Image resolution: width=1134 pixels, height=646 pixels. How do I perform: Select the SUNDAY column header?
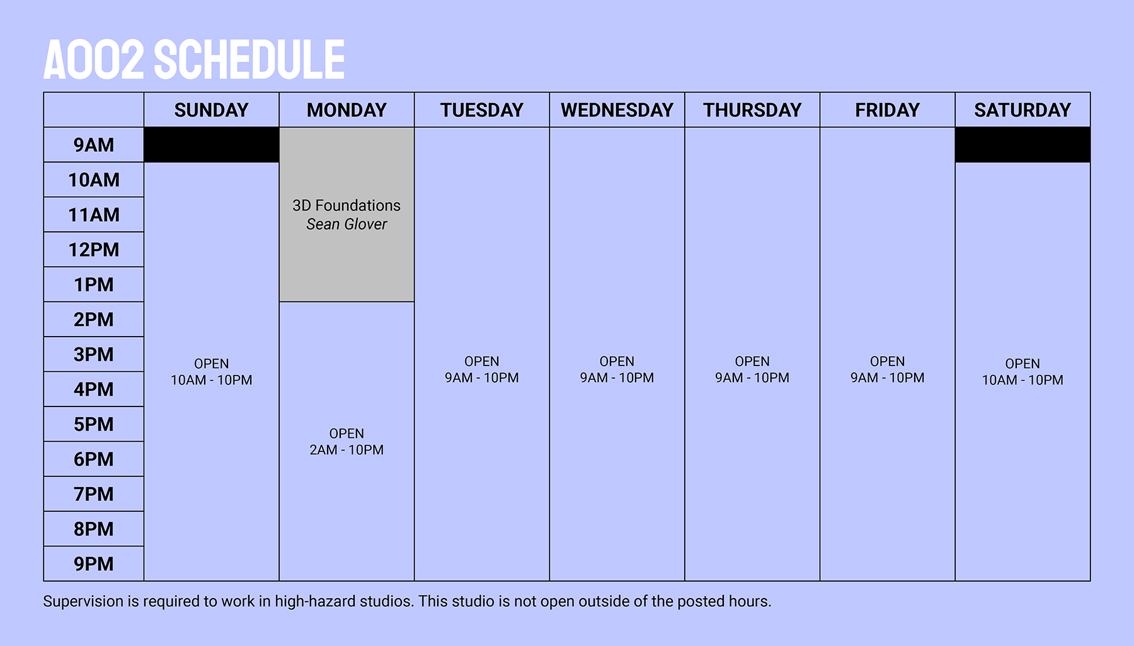tap(212, 110)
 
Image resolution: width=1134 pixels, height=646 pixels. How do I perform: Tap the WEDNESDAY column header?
tap(617, 110)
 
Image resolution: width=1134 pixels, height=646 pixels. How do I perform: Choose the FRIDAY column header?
tap(887, 110)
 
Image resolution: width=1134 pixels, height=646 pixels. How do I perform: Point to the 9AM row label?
tap(94, 145)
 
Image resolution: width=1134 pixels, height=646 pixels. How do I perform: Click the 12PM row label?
tap(94, 250)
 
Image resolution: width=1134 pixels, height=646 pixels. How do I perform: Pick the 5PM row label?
tap(94, 424)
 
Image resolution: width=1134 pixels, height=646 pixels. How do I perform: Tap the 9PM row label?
tap(94, 563)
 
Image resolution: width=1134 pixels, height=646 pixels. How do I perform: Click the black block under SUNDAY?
tap(212, 145)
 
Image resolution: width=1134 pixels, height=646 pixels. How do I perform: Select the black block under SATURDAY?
tap(1022, 145)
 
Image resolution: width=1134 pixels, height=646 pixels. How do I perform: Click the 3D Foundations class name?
tap(346, 205)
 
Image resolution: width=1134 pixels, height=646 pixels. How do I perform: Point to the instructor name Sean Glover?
tap(346, 224)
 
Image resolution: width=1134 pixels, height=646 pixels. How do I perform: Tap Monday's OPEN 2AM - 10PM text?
tap(346, 442)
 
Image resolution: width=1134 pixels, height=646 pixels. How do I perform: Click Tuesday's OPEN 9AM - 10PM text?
tap(482, 370)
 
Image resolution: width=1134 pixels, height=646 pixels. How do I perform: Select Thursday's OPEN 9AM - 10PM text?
tap(752, 370)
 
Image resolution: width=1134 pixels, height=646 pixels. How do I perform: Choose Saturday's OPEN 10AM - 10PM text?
tap(1022, 372)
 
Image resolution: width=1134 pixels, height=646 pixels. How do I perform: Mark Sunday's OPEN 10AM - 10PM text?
tap(212, 372)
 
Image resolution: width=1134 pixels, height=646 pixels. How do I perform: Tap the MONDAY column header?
tap(346, 110)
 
